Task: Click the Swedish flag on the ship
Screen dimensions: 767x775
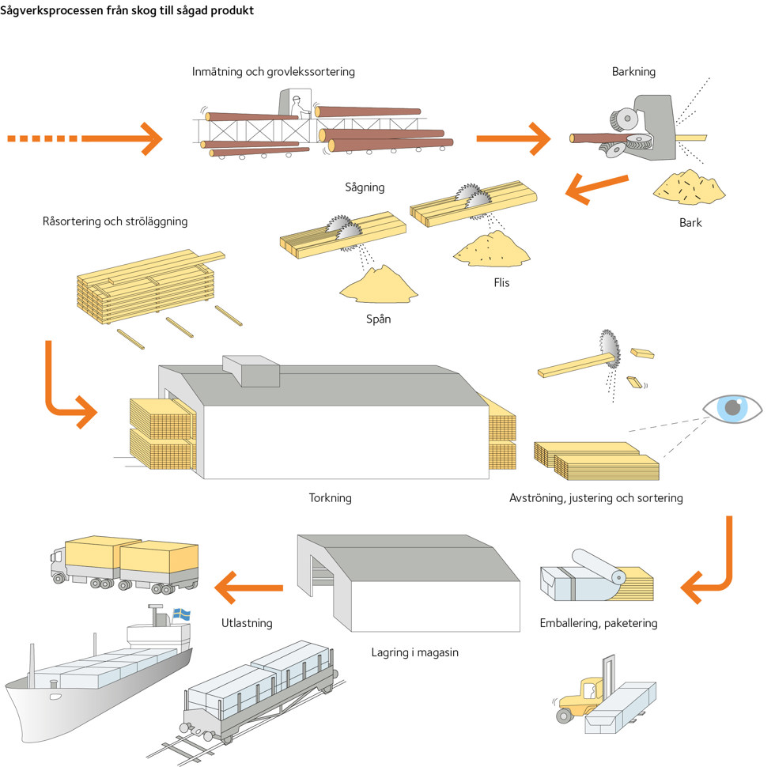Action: tap(182, 613)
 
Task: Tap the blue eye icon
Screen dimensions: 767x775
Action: tap(733, 408)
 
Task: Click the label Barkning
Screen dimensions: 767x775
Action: tap(633, 72)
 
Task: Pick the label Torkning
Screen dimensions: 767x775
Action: tap(330, 498)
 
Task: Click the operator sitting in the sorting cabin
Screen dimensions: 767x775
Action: tap(297, 105)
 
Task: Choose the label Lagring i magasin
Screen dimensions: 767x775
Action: tap(414, 652)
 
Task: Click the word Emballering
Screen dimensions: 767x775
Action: tap(569, 623)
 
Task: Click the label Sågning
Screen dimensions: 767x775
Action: tap(365, 187)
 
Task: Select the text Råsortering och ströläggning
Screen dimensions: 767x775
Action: tap(115, 221)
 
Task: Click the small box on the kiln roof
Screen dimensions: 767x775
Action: tap(251, 370)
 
